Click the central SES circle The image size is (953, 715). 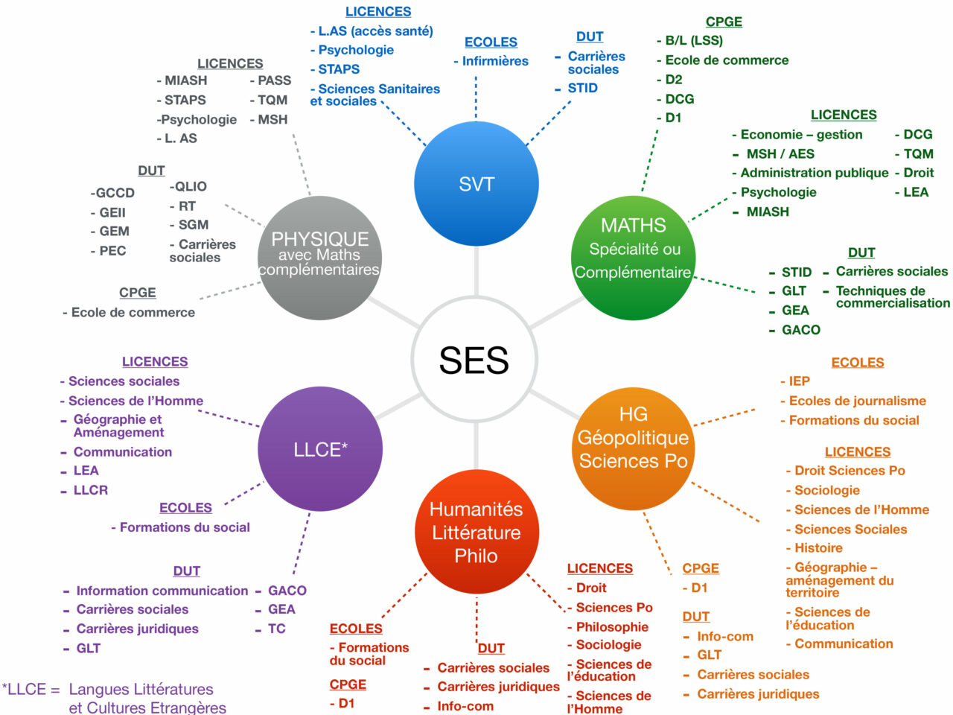coord(474,360)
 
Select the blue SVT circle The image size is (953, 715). coord(476,184)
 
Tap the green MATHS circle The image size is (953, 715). coord(633,258)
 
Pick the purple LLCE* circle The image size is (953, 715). coord(320,449)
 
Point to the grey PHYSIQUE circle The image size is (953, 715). coord(319,258)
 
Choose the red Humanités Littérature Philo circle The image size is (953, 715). coord(476,532)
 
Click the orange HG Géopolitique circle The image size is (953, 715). coord(633,448)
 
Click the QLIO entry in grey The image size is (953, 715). coord(188,187)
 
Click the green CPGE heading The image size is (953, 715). coord(724,22)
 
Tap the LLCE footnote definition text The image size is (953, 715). coord(115,698)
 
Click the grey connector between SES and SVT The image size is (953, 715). coord(476,271)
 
